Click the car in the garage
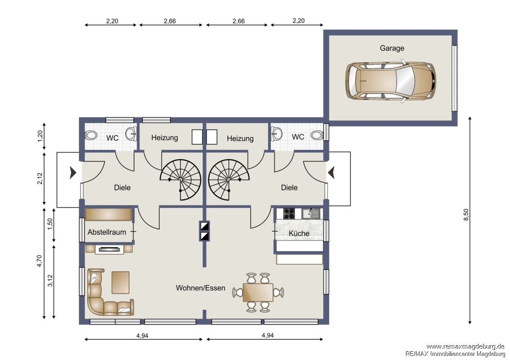390,81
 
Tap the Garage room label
392,48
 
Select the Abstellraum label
107,232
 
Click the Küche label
299,233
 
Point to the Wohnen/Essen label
200,288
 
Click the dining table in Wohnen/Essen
258,292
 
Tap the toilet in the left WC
91,135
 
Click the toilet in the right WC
317,135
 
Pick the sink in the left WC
131,134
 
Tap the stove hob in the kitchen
289,214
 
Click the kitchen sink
311,213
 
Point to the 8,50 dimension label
466,215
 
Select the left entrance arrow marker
73,173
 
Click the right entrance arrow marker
331,172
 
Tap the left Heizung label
165,138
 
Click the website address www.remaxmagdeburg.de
465,346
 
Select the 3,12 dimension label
50,281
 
